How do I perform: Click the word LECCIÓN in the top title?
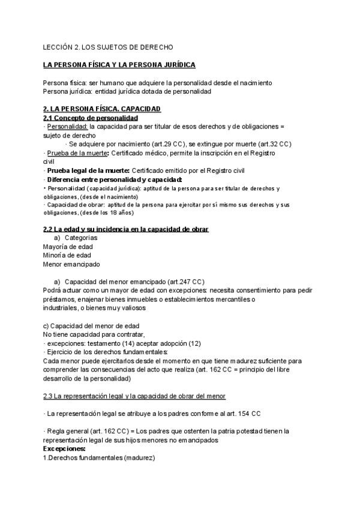(56, 46)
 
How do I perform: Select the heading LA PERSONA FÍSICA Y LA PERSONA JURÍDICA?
(119, 64)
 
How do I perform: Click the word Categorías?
(81, 238)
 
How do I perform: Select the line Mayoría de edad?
(67, 246)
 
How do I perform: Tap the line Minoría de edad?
(67, 255)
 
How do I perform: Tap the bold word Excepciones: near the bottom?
(64, 448)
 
